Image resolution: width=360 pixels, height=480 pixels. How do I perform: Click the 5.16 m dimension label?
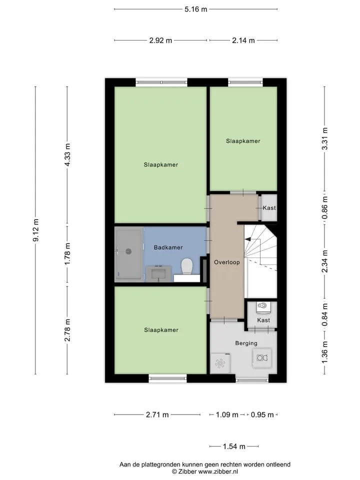click(x=195, y=9)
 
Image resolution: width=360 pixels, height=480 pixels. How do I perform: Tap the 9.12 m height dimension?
click(x=36, y=230)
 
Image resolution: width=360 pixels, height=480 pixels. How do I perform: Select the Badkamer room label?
click(x=168, y=247)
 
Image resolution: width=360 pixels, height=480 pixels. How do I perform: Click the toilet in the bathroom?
click(x=186, y=266)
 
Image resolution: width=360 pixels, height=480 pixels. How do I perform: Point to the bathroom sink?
click(x=158, y=273)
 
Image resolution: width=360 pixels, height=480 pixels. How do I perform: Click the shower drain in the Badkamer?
click(x=128, y=251)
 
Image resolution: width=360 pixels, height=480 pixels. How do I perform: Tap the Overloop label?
click(x=227, y=262)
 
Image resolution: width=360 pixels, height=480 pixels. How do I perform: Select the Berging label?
click(x=246, y=343)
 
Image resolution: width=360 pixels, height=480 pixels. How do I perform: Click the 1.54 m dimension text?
click(x=234, y=446)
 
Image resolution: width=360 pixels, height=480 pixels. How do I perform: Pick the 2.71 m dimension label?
click(x=157, y=415)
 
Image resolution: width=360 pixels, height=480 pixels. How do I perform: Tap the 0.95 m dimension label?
click(x=262, y=415)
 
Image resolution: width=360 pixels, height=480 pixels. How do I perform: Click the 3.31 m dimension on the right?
click(x=325, y=138)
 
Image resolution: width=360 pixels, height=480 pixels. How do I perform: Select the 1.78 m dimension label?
click(x=67, y=254)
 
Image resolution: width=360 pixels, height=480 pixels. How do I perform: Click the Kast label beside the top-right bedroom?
click(x=269, y=208)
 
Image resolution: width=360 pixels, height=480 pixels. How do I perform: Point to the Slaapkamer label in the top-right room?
click(x=243, y=141)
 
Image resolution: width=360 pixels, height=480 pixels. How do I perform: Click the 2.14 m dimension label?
click(x=243, y=40)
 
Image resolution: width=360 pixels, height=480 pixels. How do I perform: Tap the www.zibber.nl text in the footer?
click(x=218, y=471)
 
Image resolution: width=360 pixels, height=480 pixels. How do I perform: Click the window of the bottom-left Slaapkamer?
click(x=168, y=378)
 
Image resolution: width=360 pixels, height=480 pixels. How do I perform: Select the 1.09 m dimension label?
click(x=227, y=415)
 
